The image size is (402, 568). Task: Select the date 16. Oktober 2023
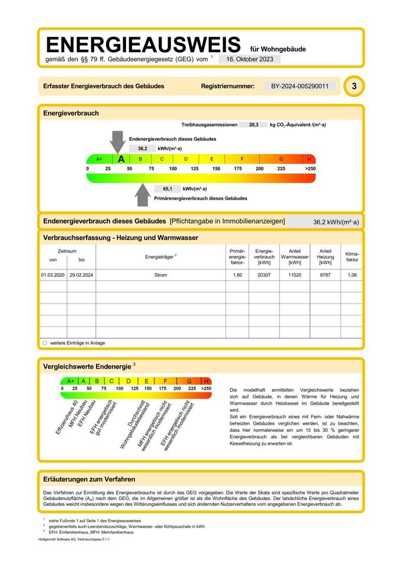(249, 59)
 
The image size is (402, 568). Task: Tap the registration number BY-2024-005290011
(300, 86)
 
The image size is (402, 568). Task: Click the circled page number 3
(354, 86)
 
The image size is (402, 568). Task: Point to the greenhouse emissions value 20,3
(253, 125)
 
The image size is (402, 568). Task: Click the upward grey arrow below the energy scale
(142, 195)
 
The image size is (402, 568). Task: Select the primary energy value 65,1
(168, 189)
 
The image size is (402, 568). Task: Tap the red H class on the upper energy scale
(309, 159)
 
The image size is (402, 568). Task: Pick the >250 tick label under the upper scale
(310, 169)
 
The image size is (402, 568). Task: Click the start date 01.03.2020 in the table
(52, 275)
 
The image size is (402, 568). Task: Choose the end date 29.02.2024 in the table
(81, 275)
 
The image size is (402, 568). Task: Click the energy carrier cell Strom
(160, 275)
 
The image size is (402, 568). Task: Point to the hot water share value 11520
(294, 275)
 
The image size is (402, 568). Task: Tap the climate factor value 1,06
(352, 275)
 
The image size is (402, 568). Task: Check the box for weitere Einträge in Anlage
(44, 343)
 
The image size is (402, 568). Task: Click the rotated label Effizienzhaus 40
(67, 418)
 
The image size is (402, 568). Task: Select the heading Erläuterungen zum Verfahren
(89, 479)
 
